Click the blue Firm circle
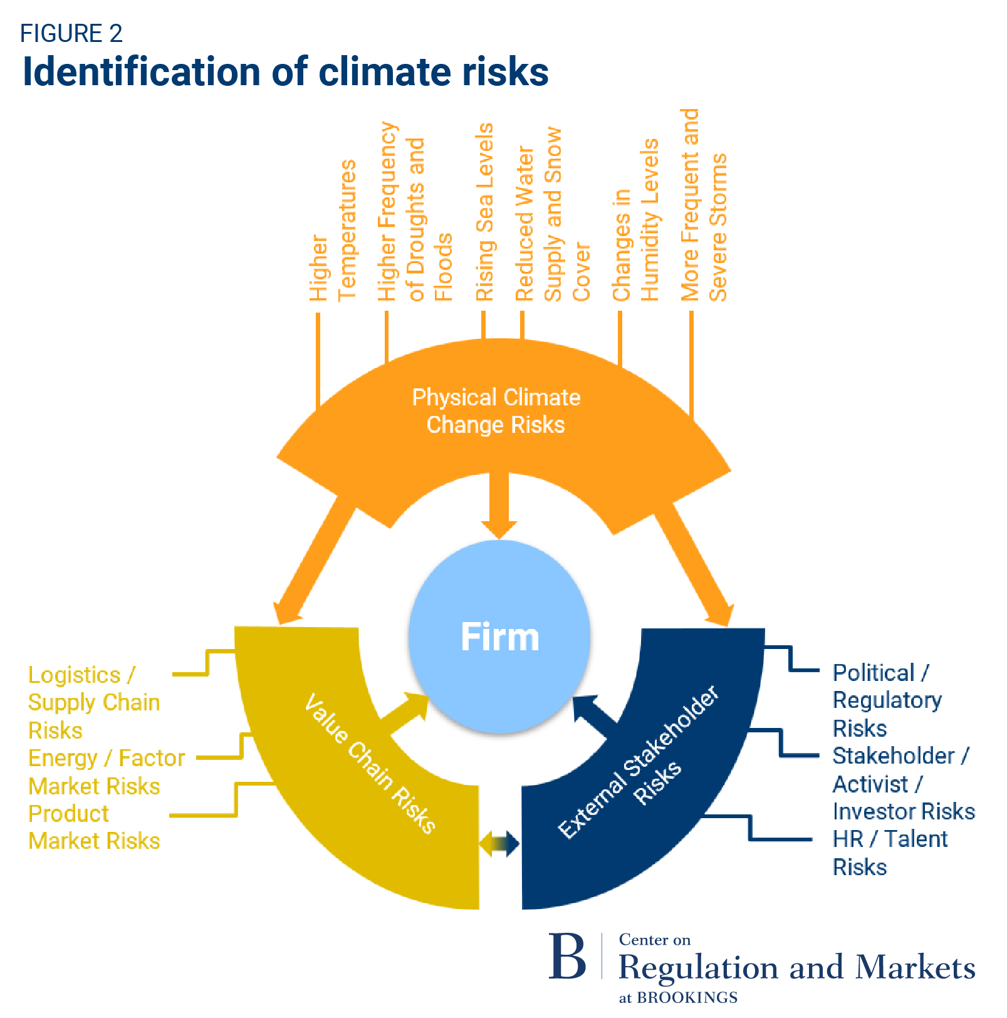click(499, 636)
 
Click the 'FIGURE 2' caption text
click(71, 34)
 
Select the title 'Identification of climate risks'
click(285, 71)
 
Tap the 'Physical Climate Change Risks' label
click(496, 411)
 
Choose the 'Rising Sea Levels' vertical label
click(484, 212)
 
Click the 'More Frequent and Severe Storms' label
click(704, 205)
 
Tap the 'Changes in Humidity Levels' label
click(635, 219)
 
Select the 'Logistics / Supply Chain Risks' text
click(94, 702)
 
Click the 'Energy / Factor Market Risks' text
click(107, 772)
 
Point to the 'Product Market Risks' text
click(94, 827)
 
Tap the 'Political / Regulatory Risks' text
click(887, 700)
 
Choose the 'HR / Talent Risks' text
click(890, 853)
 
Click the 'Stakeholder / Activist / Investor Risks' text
click(903, 783)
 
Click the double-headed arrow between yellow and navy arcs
click(499, 844)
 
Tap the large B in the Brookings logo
click(566, 957)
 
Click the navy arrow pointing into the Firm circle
click(593, 715)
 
